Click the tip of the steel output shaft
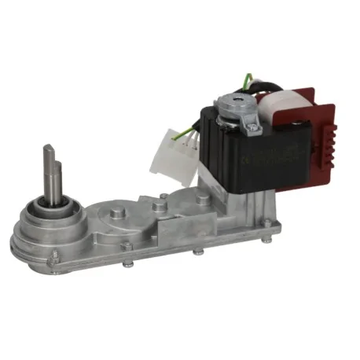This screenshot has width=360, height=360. coord(49,148)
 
